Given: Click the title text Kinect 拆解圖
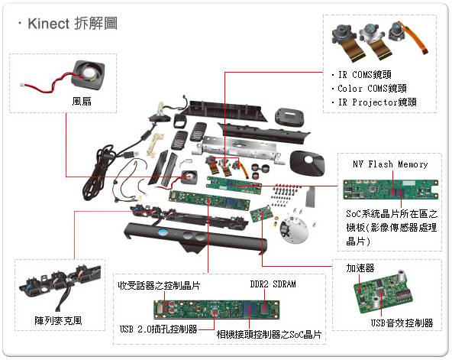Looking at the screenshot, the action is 73,24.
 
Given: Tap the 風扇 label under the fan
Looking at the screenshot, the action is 82,101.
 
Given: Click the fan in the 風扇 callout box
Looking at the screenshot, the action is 89,74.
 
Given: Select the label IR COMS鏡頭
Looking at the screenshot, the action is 365,75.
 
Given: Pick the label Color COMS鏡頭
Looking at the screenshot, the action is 372,88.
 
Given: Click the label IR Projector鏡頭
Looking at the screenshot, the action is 377,102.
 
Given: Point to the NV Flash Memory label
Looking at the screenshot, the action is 390,164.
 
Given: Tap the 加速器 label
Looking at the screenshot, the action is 360,268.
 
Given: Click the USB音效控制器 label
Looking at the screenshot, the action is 402,323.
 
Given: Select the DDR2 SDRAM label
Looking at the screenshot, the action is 273,284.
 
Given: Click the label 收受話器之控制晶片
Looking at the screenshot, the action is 159,286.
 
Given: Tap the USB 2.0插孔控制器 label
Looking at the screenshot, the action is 159,329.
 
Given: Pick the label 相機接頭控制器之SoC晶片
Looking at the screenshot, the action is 269,335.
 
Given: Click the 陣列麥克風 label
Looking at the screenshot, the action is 58,320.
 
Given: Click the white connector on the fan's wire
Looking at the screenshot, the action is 22,84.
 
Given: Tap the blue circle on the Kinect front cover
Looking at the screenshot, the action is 163,232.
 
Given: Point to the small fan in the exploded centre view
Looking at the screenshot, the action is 189,177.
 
